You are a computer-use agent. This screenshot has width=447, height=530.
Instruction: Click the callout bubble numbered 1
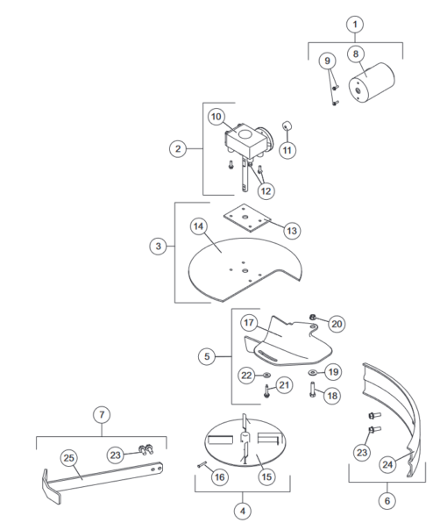pyautogui.click(x=354, y=24)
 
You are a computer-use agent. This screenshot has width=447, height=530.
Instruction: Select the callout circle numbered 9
pyautogui.click(x=328, y=61)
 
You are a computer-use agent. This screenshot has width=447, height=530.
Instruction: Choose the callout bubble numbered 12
pyautogui.click(x=264, y=189)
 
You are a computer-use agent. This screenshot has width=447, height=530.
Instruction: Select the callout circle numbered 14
pyautogui.click(x=199, y=226)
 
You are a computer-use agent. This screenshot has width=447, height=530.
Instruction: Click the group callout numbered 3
pyautogui.click(x=158, y=247)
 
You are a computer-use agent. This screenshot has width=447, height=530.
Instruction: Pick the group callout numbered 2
pyautogui.click(x=178, y=149)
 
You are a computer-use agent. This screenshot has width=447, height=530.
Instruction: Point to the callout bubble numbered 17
pyautogui.click(x=248, y=322)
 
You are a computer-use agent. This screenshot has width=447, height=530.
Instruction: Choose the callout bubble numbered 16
pyautogui.click(x=220, y=476)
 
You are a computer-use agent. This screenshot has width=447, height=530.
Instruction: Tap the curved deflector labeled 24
pyautogui.click(x=396, y=412)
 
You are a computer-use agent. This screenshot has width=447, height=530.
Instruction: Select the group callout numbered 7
pyautogui.click(x=102, y=412)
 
